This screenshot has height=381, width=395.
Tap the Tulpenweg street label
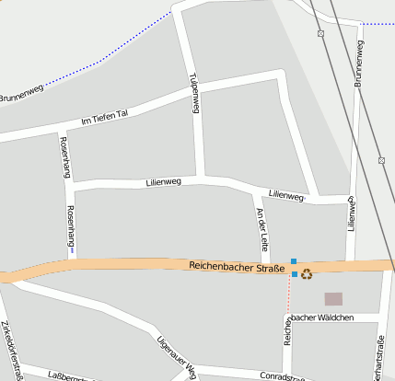[x=194, y=93]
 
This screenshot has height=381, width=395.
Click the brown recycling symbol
[x=307, y=273]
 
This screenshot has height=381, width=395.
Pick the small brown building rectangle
[x=333, y=298]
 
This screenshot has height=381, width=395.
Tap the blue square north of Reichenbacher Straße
[x=294, y=261]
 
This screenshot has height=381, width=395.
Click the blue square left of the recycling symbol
[x=295, y=274]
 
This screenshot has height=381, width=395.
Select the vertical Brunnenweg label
[x=357, y=65]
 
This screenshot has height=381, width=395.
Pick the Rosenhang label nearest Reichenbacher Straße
[x=71, y=225]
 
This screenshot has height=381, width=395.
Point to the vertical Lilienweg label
[x=351, y=212]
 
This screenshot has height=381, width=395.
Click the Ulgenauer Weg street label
[x=177, y=357]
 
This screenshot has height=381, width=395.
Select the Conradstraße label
[x=283, y=375]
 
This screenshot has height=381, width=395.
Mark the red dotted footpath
[x=289, y=299]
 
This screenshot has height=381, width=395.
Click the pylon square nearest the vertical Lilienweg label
[x=381, y=160]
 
